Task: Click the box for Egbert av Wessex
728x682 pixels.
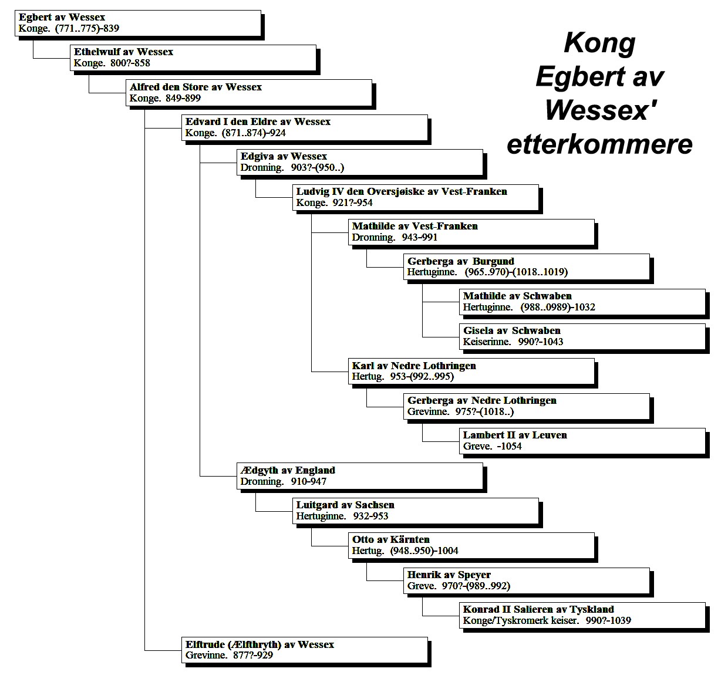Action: tap(138, 23)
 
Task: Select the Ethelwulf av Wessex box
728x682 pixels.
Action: tap(193, 58)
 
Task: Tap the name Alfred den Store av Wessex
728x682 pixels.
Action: tap(196, 87)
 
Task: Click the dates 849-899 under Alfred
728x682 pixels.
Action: tap(183, 98)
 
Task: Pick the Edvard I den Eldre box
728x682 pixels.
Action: tap(305, 127)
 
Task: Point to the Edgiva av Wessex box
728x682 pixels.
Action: tap(360, 162)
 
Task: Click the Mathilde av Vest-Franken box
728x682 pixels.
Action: tap(471, 232)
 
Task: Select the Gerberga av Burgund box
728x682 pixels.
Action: tap(527, 267)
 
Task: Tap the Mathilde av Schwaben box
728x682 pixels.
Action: tap(582, 302)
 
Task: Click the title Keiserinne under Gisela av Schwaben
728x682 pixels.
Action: tap(487, 342)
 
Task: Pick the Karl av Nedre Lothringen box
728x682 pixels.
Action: tap(471, 372)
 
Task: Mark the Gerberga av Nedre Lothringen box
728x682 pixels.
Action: tap(527, 406)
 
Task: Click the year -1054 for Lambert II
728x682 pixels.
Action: tap(509, 447)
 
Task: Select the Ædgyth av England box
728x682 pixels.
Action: tap(360, 475)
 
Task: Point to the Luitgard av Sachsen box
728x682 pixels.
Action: tap(416, 511)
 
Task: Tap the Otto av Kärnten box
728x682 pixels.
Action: tap(471, 545)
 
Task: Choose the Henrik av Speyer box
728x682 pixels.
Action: tap(527, 580)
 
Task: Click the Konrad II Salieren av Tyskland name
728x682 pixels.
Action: tap(538, 609)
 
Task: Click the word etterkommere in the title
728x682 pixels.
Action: tap(599, 144)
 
